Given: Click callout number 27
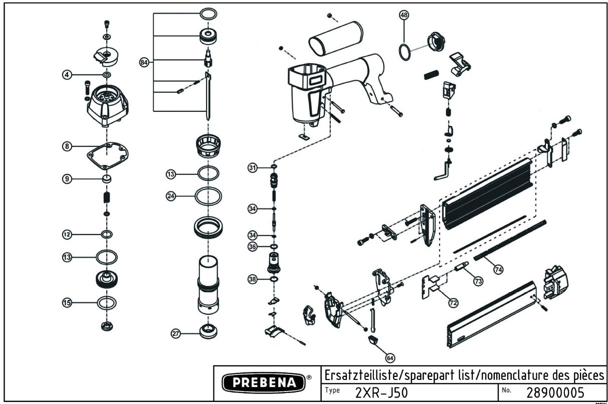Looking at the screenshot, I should (176, 334).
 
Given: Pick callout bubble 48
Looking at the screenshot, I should (403, 15).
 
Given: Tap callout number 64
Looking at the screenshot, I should (390, 357).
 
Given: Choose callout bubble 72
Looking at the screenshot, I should (453, 303).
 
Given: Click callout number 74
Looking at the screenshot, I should (498, 269).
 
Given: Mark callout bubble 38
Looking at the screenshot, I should (253, 279).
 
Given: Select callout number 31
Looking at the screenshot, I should (253, 167).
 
